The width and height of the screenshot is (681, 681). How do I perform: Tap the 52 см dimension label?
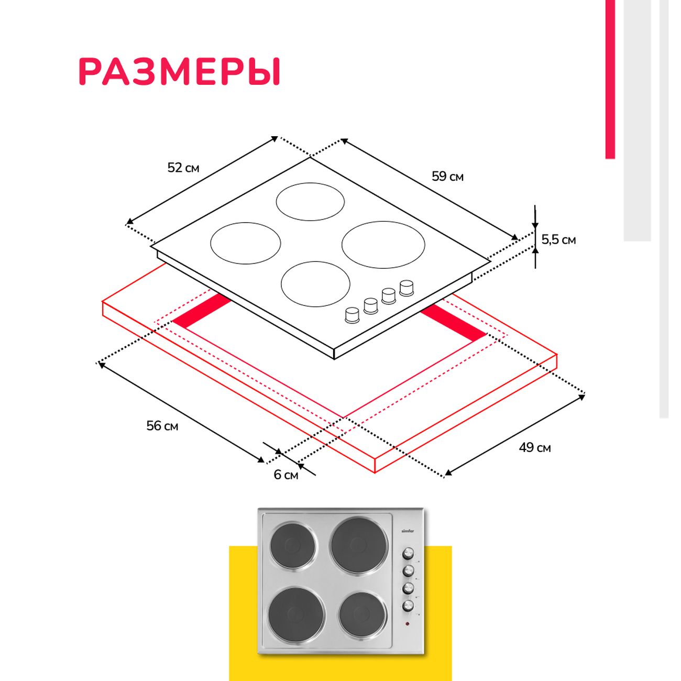(x=183, y=168)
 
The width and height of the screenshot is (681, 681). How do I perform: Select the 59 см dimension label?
(x=447, y=177)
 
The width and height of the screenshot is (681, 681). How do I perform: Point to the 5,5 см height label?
(x=558, y=240)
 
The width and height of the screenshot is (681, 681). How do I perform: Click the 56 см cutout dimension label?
(x=162, y=426)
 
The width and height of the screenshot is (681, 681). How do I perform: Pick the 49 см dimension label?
(x=535, y=447)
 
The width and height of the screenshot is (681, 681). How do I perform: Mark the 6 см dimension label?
(x=286, y=475)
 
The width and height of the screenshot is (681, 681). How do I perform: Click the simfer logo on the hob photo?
(x=408, y=531)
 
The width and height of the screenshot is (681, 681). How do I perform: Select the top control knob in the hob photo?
(x=408, y=553)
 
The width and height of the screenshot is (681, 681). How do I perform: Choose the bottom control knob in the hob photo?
(x=408, y=606)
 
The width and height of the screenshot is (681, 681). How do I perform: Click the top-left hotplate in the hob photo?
(x=293, y=544)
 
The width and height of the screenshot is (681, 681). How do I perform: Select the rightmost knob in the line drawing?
(x=407, y=287)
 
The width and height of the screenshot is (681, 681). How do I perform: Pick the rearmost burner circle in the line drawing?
(x=310, y=202)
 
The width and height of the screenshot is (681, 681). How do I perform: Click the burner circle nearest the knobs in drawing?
(x=315, y=284)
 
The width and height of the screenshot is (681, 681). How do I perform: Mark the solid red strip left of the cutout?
(x=202, y=311)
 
